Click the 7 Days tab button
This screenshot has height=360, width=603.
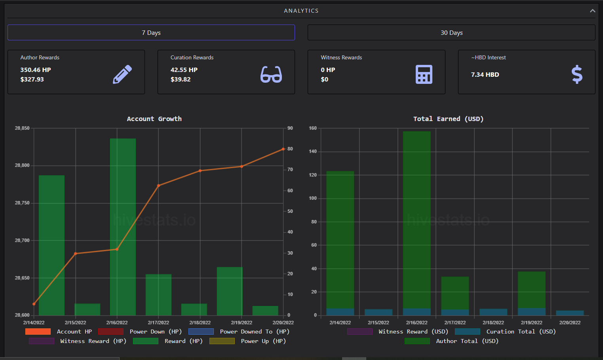[151, 32]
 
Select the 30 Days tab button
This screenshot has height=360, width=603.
[451, 32]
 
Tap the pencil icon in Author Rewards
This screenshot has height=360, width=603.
[122, 74]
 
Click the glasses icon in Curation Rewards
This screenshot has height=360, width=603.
[271, 74]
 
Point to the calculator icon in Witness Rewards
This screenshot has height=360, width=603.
[424, 74]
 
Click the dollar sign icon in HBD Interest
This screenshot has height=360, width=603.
[577, 74]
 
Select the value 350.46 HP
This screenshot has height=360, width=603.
[36, 70]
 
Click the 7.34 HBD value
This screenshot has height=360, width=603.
[485, 74]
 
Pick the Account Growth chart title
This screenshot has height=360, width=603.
[154, 119]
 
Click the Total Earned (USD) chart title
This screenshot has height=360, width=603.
[449, 119]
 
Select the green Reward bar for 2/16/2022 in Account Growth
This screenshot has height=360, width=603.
[123, 227]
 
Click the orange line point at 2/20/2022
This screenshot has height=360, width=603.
[283, 149]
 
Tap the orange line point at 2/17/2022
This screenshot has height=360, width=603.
[158, 186]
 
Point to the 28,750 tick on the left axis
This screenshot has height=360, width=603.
[22, 203]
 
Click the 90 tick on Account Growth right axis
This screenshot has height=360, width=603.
[290, 128]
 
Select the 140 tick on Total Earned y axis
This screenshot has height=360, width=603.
[313, 152]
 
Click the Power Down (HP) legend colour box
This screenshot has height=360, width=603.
[111, 332]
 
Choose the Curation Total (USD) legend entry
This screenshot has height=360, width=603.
[505, 332]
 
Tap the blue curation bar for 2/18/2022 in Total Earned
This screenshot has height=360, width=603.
[493, 312]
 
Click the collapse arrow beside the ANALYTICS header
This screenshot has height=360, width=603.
[592, 11]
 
